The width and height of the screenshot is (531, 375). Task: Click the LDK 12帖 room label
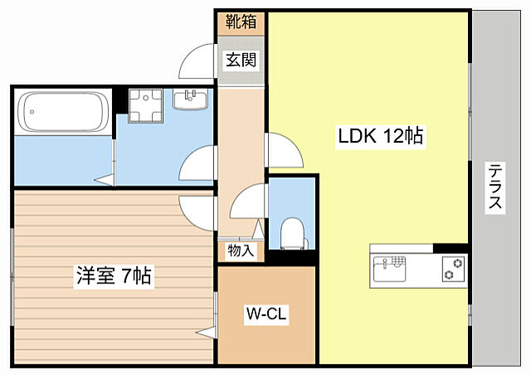click(379, 136)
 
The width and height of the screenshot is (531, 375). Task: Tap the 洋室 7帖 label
click(114, 276)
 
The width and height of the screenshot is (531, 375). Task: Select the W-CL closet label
click(266, 314)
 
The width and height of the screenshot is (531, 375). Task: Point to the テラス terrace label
click(495, 187)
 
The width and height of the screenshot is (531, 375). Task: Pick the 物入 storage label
click(241, 250)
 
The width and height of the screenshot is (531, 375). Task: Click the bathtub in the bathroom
click(63, 114)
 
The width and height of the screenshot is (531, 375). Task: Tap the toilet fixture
click(292, 231)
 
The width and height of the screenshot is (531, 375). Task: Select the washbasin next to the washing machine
click(191, 100)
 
